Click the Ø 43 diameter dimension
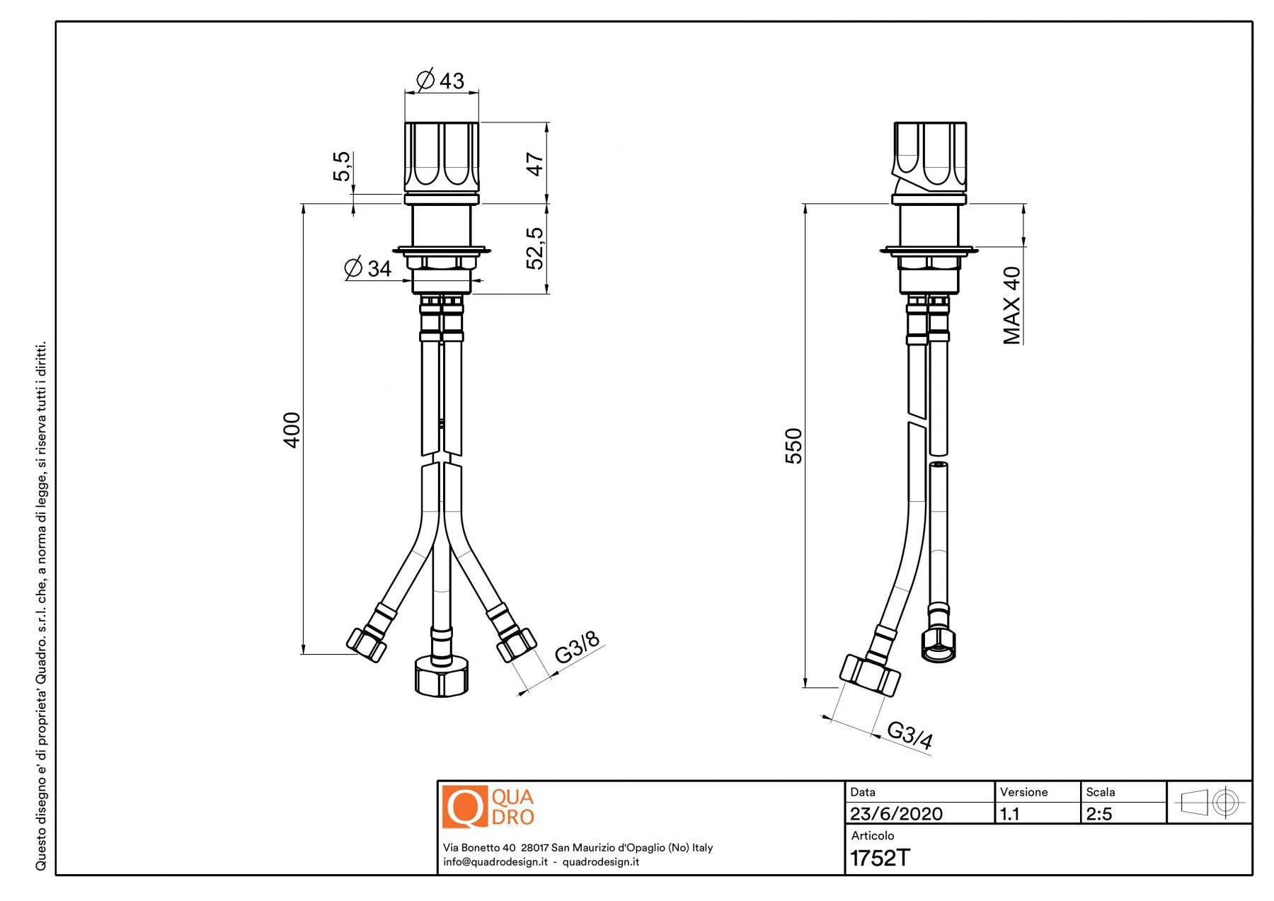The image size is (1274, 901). (440, 80)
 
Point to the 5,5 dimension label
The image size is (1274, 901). (342, 166)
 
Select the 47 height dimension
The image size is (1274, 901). (535, 164)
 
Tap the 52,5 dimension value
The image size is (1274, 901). (535, 248)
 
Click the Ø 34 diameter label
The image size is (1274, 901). (367, 268)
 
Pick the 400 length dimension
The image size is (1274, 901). (292, 430)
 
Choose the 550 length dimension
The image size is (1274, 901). (794, 446)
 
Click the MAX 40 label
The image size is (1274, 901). (1012, 305)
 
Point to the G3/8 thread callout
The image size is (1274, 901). (577, 646)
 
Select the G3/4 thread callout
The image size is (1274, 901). (910, 735)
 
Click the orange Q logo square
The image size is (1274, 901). (465, 806)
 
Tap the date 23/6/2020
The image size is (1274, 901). (896, 814)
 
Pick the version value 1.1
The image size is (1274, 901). (1009, 814)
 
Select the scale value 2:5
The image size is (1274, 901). (1099, 814)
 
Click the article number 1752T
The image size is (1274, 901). (880, 858)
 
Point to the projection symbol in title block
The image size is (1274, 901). (1210, 803)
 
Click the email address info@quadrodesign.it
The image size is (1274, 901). (495, 862)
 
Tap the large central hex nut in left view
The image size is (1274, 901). (441, 676)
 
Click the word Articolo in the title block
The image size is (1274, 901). (873, 836)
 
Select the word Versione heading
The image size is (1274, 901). (1023, 792)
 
